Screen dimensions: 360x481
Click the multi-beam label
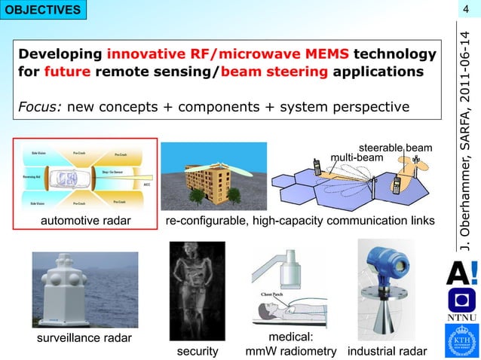(357, 158)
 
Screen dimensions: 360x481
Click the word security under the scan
(197, 352)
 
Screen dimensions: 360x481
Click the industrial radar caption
(387, 352)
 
